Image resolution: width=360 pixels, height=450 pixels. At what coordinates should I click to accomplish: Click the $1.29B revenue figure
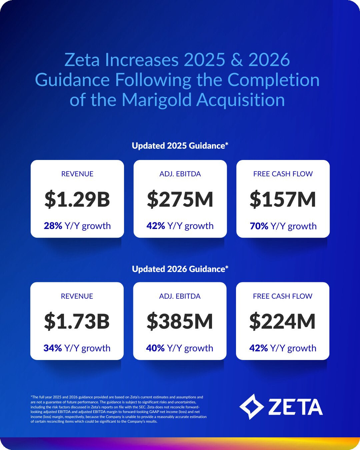77,199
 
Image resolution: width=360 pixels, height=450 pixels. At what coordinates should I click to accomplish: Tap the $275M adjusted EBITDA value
180,199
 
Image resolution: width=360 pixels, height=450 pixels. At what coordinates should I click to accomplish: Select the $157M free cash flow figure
283,199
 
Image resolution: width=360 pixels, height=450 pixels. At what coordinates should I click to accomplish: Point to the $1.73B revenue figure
77,322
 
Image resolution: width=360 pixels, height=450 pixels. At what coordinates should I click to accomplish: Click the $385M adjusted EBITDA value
180,322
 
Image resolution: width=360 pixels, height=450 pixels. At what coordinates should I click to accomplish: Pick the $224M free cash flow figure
282,322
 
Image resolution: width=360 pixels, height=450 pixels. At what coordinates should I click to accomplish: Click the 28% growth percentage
53,226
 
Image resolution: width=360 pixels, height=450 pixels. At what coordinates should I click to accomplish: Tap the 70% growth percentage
259,226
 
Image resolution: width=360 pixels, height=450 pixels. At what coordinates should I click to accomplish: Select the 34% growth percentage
53,348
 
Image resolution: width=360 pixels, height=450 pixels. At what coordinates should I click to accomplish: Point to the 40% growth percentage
155,348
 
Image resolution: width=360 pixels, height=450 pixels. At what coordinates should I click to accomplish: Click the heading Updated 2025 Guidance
180,146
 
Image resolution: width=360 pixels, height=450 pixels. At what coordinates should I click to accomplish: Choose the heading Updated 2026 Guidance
180,269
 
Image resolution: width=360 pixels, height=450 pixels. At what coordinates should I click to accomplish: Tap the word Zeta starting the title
82,60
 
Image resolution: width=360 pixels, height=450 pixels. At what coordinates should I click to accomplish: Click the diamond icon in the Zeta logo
252,407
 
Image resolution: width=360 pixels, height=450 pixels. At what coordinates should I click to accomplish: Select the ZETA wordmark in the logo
295,407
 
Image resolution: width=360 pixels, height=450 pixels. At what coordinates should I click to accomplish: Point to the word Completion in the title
273,80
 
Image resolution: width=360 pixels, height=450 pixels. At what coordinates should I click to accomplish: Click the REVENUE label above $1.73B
77,296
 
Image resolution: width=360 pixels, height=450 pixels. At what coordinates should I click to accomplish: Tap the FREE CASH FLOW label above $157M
283,174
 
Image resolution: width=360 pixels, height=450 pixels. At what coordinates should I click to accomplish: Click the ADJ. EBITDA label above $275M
180,174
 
